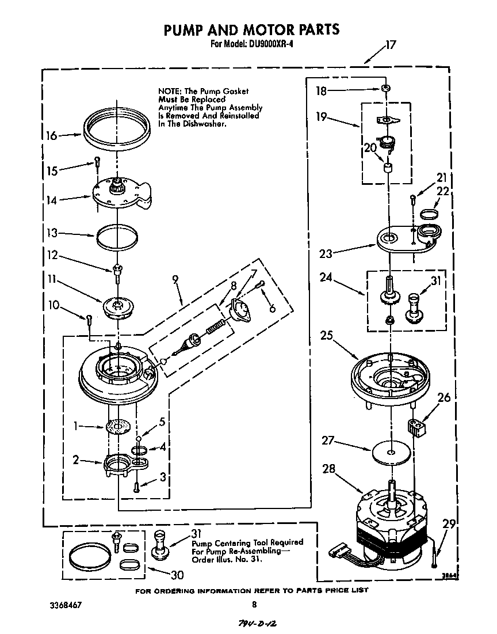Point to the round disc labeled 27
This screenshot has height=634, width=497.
click(x=391, y=452)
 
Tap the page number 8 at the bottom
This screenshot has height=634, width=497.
click(x=254, y=605)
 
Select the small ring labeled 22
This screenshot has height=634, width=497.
click(x=428, y=214)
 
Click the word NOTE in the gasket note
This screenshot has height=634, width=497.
click(x=169, y=91)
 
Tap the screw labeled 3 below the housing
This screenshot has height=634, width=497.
click(x=136, y=486)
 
